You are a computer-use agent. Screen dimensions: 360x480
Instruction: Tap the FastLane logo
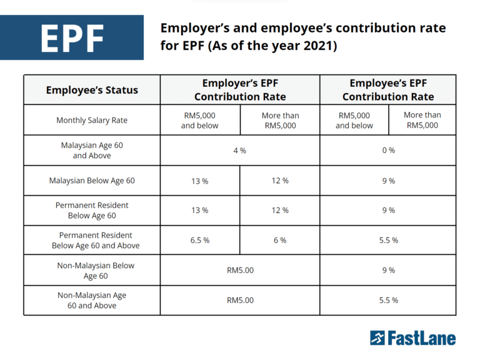tap(412, 338)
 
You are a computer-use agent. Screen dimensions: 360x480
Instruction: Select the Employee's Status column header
tap(92, 90)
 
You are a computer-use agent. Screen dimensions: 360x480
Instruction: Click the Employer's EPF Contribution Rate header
tap(240, 90)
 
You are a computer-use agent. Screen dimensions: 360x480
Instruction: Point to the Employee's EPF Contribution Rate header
tap(388, 90)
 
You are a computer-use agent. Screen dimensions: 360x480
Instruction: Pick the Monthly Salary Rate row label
tap(92, 120)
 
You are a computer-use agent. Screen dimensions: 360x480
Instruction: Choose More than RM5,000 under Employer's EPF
tap(280, 120)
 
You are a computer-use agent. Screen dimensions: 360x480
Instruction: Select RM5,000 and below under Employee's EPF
tap(354, 120)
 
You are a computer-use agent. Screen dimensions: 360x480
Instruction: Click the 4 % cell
tap(240, 151)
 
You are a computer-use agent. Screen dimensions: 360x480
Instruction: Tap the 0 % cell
tap(388, 151)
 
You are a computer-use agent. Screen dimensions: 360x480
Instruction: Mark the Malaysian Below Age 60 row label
tap(92, 181)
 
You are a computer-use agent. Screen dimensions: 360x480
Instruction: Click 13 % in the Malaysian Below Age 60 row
tap(199, 181)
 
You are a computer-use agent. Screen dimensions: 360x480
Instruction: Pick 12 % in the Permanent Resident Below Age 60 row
tap(280, 211)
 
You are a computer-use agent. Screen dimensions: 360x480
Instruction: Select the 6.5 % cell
tap(199, 240)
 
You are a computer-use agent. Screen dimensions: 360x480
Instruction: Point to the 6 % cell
tap(280, 240)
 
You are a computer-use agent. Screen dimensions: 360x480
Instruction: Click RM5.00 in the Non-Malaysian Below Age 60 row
tap(240, 271)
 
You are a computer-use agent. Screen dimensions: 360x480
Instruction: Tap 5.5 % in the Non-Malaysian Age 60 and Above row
tap(388, 301)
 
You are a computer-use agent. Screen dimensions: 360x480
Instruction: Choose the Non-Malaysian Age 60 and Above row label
tap(92, 301)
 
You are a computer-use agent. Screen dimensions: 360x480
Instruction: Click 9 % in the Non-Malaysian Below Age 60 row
tap(388, 271)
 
